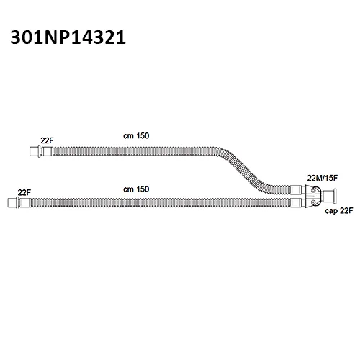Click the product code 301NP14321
tap(68, 37)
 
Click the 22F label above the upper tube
tap(47, 140)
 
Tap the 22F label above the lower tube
tap(24, 192)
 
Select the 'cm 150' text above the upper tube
tap(136, 136)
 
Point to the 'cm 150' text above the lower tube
tap(136, 189)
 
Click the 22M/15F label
tap(323, 178)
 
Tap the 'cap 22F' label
tap(339, 211)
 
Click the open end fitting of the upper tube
tap(34, 151)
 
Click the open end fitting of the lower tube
tap(12, 203)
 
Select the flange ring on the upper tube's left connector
tap(40, 151)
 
